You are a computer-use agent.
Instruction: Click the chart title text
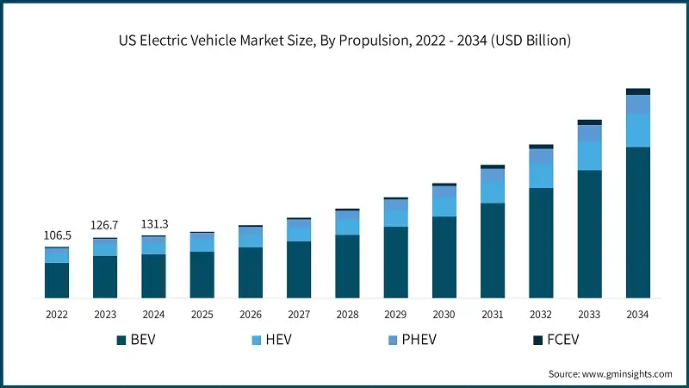point(344,40)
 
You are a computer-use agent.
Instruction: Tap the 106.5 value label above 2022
point(57,235)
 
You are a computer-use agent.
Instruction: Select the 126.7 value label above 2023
point(105,227)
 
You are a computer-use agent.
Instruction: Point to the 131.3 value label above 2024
point(153,224)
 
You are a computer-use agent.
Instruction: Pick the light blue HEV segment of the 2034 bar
point(637,130)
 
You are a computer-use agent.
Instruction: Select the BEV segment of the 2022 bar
point(57,280)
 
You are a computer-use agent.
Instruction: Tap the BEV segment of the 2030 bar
point(444,257)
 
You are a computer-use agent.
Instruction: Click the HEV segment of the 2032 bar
point(541,176)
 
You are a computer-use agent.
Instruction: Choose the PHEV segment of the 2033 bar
point(589,134)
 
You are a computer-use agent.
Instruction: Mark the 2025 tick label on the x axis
point(202,316)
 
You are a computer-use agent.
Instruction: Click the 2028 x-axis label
point(347,316)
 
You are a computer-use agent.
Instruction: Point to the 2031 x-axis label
point(492,316)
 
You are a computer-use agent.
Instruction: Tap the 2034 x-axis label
point(637,316)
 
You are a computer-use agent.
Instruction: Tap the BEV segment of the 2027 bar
point(299,269)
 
